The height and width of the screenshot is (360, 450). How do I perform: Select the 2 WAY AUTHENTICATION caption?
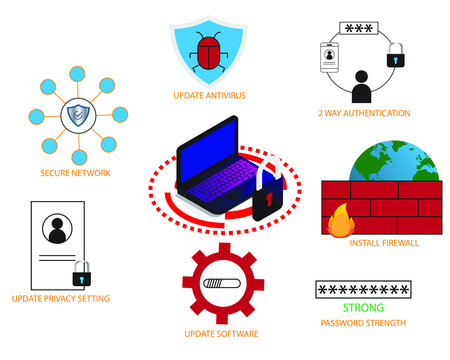point(363,113)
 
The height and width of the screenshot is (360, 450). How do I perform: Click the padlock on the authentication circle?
point(395,56)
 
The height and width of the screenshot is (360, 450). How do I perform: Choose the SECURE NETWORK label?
point(75,172)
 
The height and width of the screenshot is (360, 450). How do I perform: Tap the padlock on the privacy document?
point(82,274)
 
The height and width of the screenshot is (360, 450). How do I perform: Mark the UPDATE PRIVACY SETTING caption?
point(61,298)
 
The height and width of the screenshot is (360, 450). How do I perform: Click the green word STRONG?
point(362,308)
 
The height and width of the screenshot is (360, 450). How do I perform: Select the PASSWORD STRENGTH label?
point(363,323)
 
